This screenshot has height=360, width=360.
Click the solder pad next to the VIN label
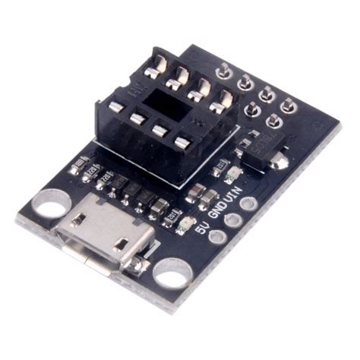pyautogui.click(x=250, y=207)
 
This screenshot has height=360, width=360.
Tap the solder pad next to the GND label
pyautogui.click(x=234, y=221)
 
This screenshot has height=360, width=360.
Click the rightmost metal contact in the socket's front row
pyautogui.click(x=181, y=142)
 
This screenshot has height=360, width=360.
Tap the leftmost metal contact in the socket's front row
pyautogui.click(x=115, y=107)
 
